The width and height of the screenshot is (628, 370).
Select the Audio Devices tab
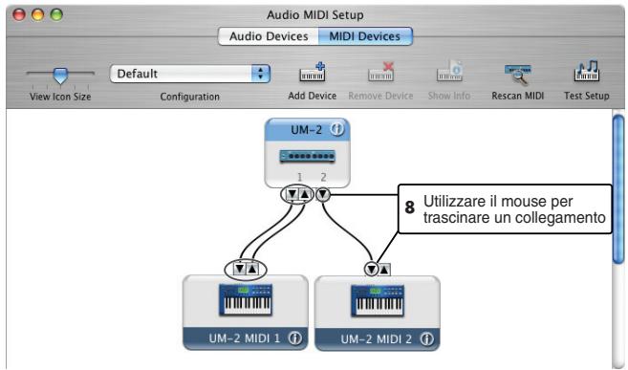tap(268, 36)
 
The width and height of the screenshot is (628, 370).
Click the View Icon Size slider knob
tap(59, 74)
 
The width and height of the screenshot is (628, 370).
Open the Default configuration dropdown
tap(191, 74)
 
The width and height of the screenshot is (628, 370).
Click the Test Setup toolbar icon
tap(586, 75)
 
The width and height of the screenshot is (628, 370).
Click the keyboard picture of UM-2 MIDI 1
tap(246, 301)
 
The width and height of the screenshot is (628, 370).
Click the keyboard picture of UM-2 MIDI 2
tap(377, 301)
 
